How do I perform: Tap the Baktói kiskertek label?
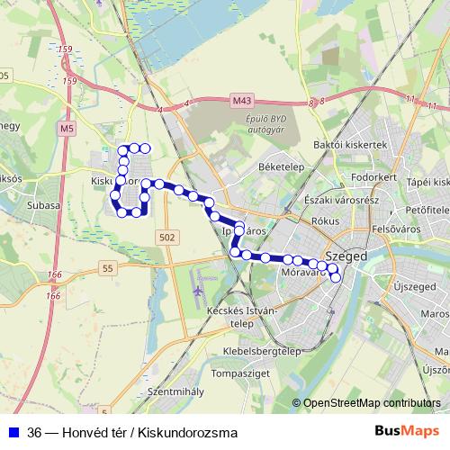[349, 144]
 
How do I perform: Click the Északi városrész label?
[344, 199]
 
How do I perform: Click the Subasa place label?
[43, 205]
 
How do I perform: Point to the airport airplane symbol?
[198, 292]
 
